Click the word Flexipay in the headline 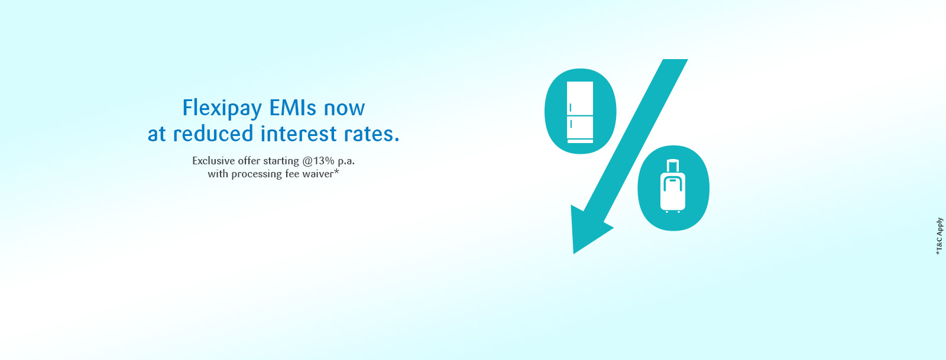coord(222,109)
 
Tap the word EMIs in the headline coord(293,108)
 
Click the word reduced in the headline coord(213,134)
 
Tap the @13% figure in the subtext coord(319,161)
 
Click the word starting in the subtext coord(281,161)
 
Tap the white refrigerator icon coord(580,112)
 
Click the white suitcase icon coord(673,186)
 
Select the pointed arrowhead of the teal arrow coord(574,253)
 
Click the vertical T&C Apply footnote coord(939,236)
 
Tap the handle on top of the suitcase coord(673,166)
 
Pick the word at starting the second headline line coord(157,135)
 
